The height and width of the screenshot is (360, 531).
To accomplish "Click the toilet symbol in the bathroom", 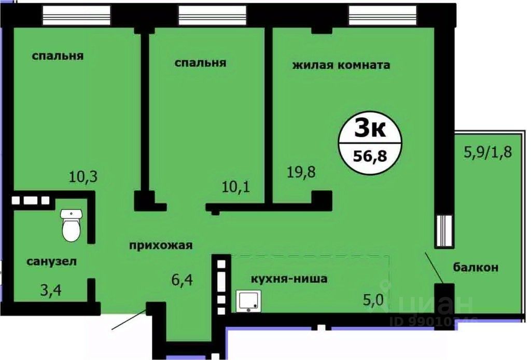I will (x=71, y=225).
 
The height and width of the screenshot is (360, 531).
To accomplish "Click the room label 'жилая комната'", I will (x=341, y=65).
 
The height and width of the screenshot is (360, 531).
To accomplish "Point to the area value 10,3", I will (x=83, y=177).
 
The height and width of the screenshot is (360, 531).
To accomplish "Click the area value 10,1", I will (x=236, y=185).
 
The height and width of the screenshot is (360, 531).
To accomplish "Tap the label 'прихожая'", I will (x=161, y=245).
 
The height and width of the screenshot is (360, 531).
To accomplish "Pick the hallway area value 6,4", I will (x=182, y=282).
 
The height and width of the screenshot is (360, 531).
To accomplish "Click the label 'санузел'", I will (x=51, y=261).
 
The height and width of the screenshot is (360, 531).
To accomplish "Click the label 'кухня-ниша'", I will (x=289, y=279).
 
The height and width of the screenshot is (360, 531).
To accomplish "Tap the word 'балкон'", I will (x=476, y=268).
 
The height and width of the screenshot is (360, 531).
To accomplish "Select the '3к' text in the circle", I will (x=369, y=128).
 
